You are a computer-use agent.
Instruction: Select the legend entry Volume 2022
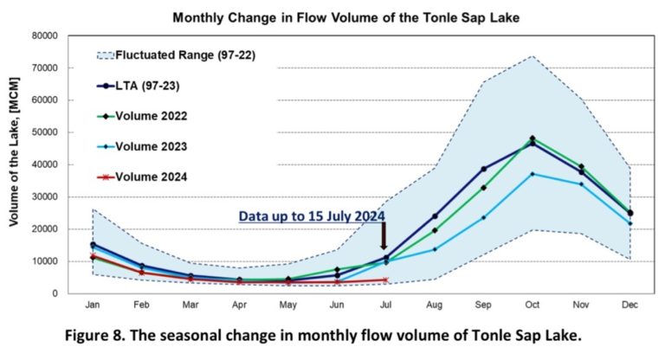click(152, 116)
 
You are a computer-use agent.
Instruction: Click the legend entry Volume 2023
click(152, 146)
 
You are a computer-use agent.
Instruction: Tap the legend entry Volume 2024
click(152, 177)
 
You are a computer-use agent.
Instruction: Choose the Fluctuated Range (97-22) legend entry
click(176, 55)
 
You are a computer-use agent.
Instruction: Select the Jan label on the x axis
click(92, 305)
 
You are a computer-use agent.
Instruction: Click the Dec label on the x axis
click(630, 305)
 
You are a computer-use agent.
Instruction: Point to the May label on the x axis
click(287, 305)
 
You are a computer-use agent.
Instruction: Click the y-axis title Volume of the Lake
click(16, 164)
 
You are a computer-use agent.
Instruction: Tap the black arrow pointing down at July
click(384, 235)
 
